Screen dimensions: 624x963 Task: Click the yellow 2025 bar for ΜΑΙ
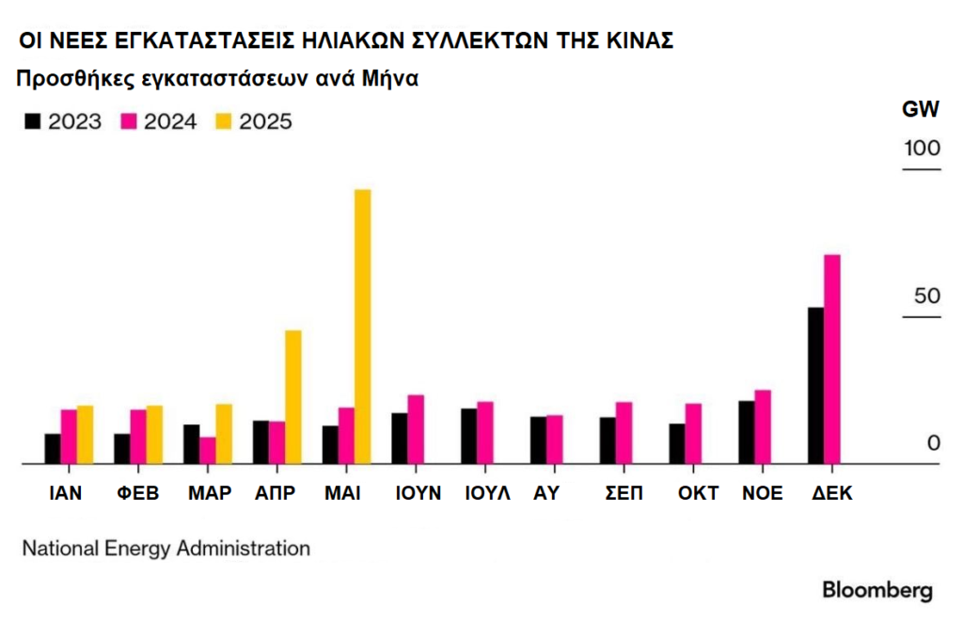pyautogui.click(x=362, y=327)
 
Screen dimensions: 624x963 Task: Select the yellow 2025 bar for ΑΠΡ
pyautogui.click(x=292, y=397)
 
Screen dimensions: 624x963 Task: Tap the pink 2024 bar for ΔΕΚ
pyautogui.click(x=831, y=359)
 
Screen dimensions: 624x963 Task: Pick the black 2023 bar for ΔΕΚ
pyautogui.click(x=815, y=385)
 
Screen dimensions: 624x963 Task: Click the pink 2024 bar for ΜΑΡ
pyautogui.click(x=207, y=450)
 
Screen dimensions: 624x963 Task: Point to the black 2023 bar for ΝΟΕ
pyautogui.click(x=746, y=432)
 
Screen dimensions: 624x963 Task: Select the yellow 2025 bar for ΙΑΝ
pyautogui.click(x=85, y=435)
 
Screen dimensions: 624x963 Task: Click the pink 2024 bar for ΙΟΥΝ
pyautogui.click(x=415, y=429)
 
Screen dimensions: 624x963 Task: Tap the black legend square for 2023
pyautogui.click(x=34, y=121)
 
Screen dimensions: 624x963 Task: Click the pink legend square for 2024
pyautogui.click(x=129, y=121)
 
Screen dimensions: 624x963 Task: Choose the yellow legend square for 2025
pyautogui.click(x=224, y=121)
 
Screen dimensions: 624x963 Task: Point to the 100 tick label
pyautogui.click(x=922, y=149)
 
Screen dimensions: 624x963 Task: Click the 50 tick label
pyautogui.click(x=927, y=296)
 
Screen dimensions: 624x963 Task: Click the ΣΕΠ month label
pyautogui.click(x=623, y=493)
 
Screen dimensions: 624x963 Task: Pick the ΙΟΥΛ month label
pyautogui.click(x=487, y=493)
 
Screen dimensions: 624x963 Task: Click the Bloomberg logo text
pyautogui.click(x=877, y=591)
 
